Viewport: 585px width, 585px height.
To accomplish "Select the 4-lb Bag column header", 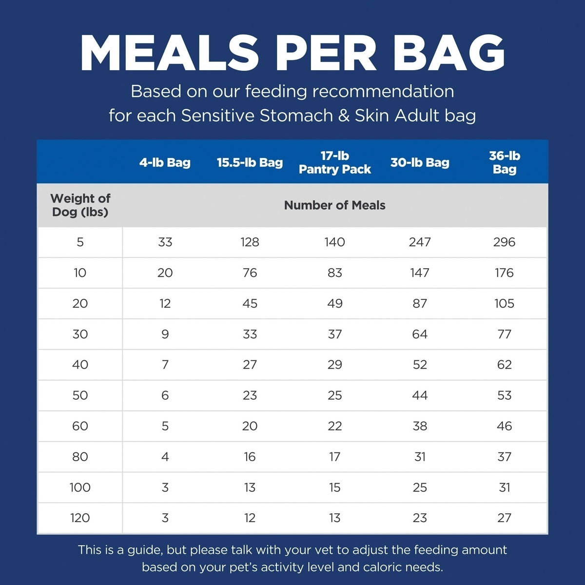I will (165, 162).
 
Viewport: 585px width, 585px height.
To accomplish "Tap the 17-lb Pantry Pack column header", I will (334, 162).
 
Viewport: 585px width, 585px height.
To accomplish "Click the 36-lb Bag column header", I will (504, 162).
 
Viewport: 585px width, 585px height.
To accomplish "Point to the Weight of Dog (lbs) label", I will (80, 205).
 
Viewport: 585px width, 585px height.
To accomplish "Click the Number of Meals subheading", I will (334, 205).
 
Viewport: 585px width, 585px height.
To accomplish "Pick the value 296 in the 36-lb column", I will (504, 242).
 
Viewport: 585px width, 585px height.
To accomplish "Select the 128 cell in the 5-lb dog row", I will (250, 242).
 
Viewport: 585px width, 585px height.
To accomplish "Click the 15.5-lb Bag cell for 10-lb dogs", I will (250, 273).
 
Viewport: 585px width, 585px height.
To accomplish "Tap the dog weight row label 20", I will (80, 304).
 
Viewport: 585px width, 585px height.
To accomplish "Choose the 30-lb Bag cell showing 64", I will (419, 334).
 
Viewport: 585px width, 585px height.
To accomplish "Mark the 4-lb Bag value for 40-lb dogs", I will (165, 365).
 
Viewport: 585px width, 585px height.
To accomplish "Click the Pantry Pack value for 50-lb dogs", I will (334, 395).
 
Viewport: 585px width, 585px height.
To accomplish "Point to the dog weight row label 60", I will (80, 426).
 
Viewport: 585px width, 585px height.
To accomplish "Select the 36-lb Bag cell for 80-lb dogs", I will (504, 457).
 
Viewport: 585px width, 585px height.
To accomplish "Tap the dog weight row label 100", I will (80, 487).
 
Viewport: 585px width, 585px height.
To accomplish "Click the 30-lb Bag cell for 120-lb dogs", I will (419, 518).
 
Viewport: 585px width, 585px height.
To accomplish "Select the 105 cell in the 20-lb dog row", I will (504, 304).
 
